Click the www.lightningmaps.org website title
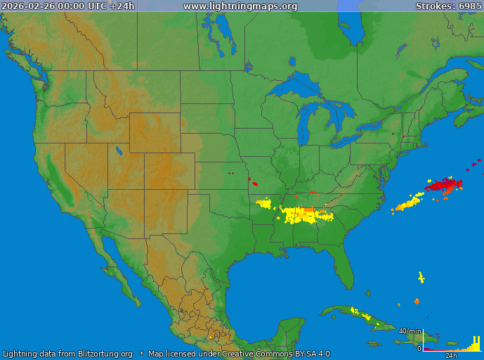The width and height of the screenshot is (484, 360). tap(240, 6)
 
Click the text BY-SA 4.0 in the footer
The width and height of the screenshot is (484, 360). tap(308, 354)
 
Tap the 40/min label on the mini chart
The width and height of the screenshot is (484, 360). tap(411, 330)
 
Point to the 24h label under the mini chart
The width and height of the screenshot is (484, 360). tap(461, 355)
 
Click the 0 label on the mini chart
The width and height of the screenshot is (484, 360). tap(419, 348)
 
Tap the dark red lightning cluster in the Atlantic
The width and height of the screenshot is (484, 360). tap(444, 186)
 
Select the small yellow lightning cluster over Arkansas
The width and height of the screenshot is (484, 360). tap(264, 204)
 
